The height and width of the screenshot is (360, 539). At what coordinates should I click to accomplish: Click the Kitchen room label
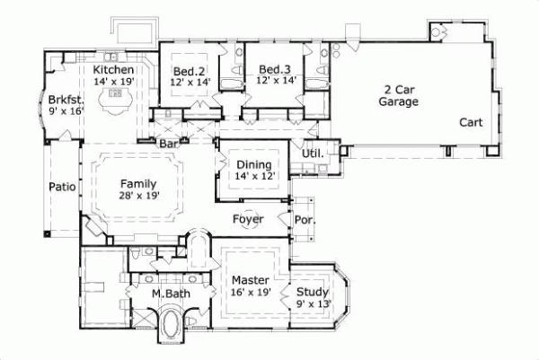[x=114, y=70]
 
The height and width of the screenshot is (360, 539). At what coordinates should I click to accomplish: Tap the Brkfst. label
[x=66, y=100]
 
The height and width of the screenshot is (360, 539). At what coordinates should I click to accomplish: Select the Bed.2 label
[x=190, y=70]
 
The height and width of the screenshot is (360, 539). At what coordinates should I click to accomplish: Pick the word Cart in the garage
[x=472, y=122]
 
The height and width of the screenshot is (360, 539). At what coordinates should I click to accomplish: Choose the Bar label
[x=167, y=143]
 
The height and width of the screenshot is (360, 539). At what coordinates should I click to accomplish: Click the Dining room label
[x=253, y=164]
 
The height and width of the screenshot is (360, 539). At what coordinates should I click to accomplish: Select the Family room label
[x=138, y=183]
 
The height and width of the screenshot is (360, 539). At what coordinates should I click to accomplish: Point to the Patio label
[x=62, y=188]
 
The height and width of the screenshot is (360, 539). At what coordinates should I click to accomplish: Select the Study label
[x=313, y=292]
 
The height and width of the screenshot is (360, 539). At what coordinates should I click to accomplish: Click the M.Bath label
[x=143, y=294]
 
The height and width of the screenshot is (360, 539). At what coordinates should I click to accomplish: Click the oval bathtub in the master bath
[x=168, y=326]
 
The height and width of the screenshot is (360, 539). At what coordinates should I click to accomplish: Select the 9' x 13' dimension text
[x=313, y=303]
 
